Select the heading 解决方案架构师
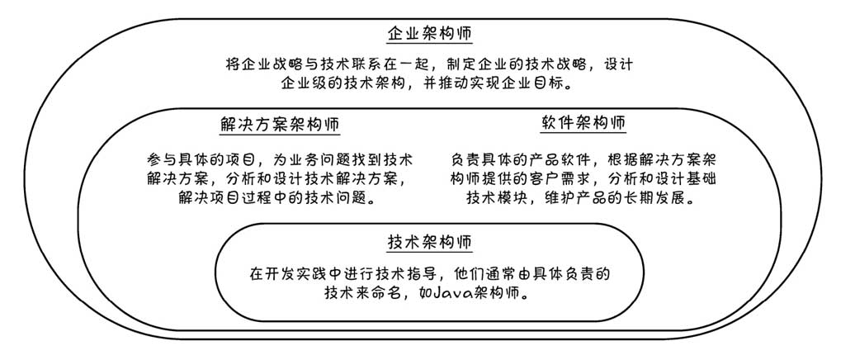(x=280, y=125)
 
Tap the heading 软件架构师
(x=583, y=123)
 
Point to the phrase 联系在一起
(x=395, y=64)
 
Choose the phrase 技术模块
(x=498, y=198)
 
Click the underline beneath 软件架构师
(x=583, y=134)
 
